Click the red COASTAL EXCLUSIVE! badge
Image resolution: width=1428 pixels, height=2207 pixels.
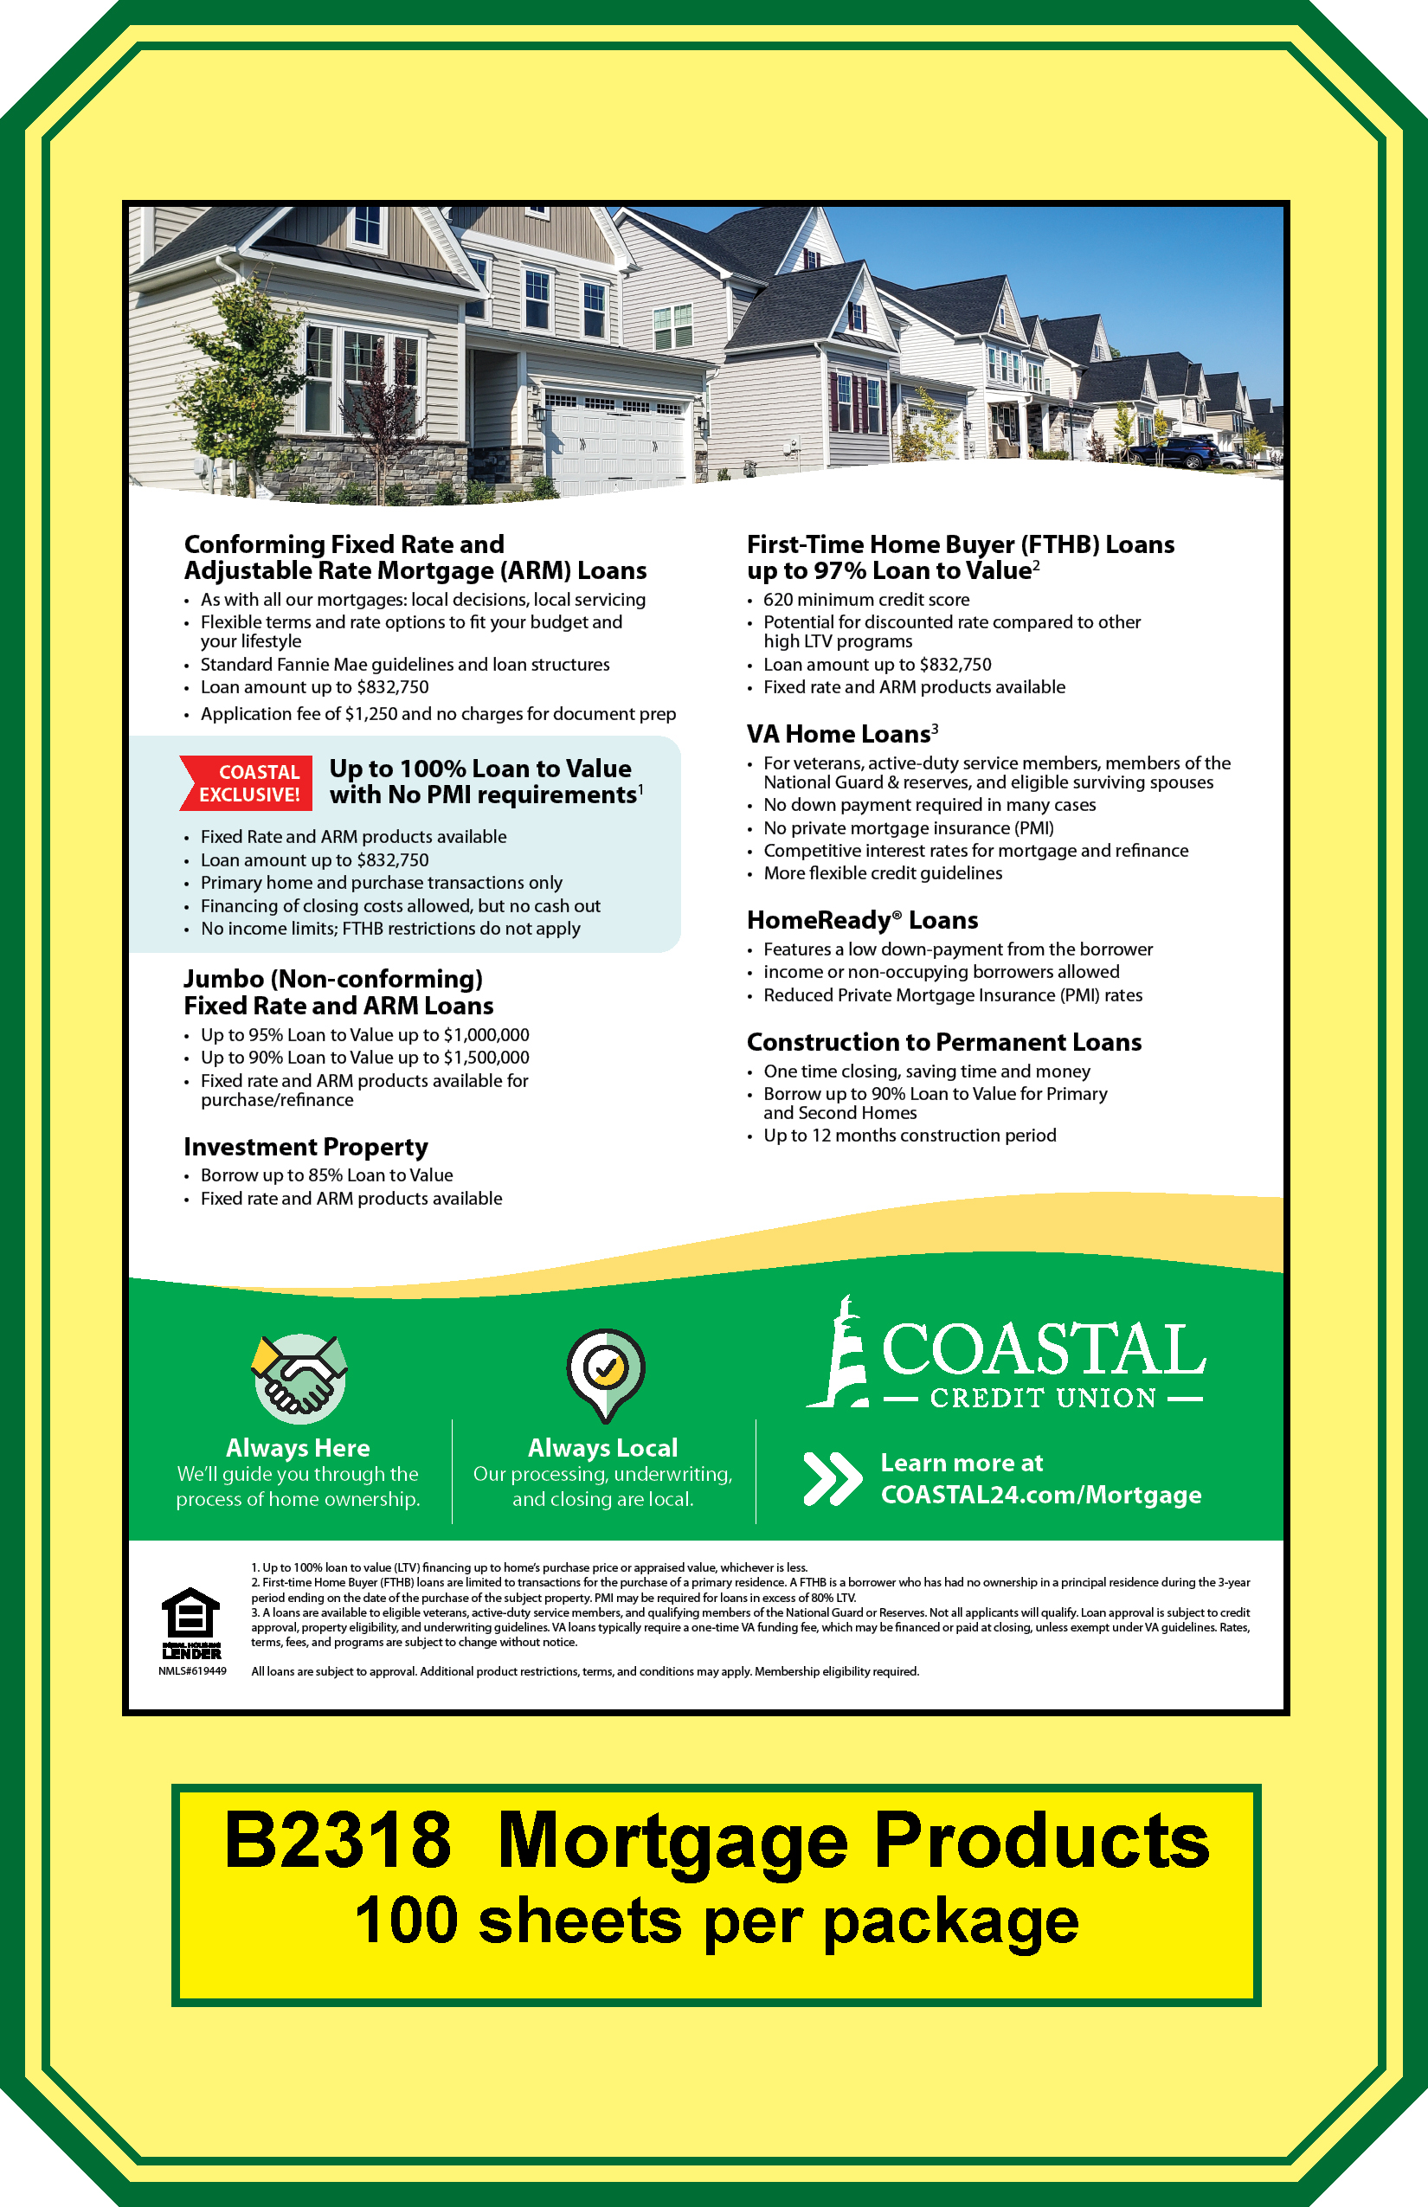247,782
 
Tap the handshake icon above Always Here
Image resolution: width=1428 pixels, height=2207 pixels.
299,1378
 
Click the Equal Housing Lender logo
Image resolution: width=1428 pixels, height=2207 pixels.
191,1623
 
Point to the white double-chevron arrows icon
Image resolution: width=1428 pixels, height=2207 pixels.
832,1478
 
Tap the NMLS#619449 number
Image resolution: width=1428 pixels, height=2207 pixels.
192,1671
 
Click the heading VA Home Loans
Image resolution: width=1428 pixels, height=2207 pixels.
841,734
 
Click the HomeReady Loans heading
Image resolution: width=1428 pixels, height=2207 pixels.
861,920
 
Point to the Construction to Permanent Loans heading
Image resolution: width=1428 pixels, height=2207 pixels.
943,1042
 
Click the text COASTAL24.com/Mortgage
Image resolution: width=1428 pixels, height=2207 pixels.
1040,1495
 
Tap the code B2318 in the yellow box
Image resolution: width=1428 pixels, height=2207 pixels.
338,1842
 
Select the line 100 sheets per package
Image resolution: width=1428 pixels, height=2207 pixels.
716,1921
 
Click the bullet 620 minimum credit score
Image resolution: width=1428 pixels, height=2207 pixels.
866,600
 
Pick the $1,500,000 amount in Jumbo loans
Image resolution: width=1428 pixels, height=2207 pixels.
486,1057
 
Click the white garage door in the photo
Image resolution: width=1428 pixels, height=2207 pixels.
614,443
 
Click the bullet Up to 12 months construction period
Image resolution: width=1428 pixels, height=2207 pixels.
909,1135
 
